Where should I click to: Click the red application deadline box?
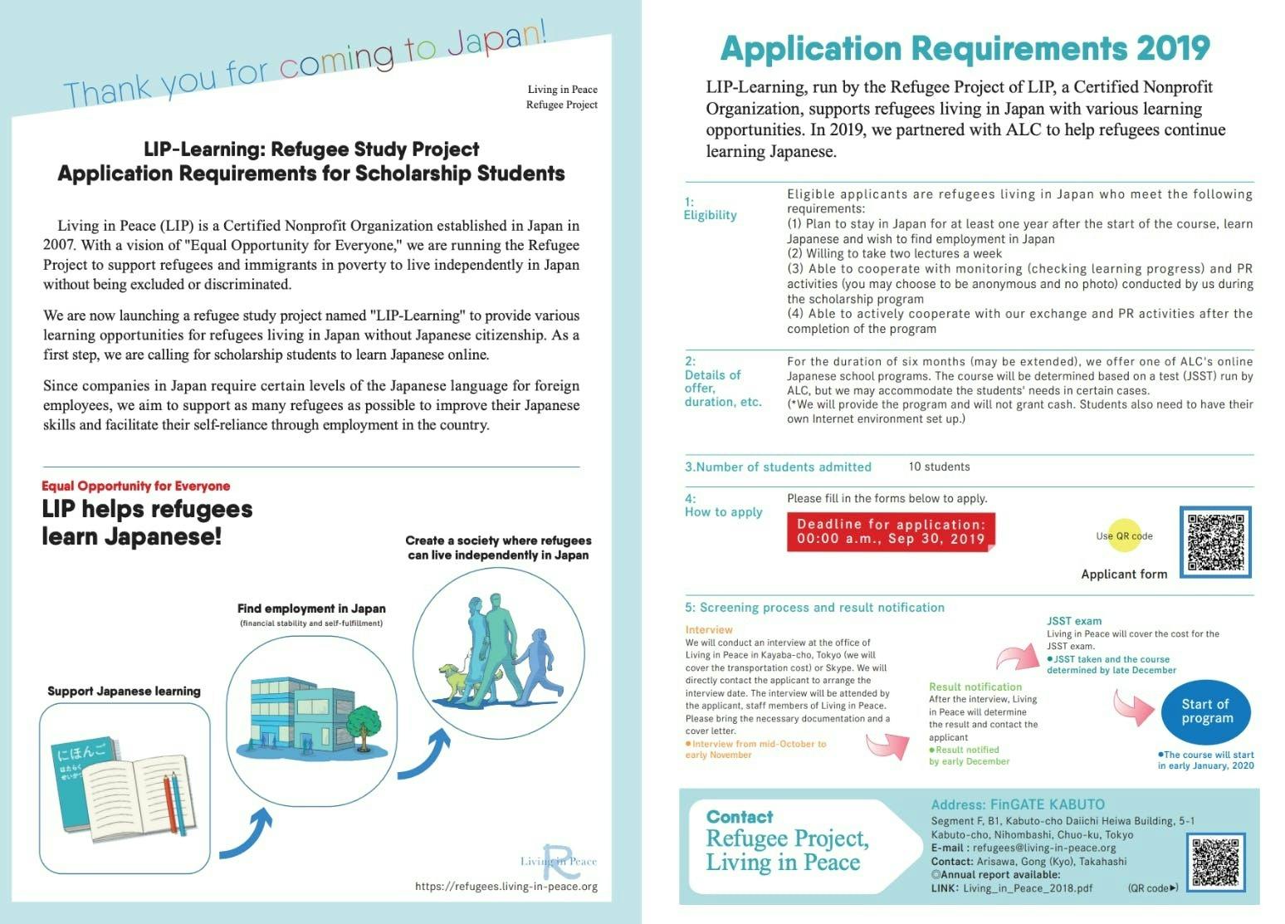click(890, 531)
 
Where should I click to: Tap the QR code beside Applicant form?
click(1216, 542)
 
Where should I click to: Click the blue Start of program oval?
click(1206, 711)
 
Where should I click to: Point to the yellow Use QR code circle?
click(1125, 535)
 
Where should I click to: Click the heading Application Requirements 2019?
click(965, 48)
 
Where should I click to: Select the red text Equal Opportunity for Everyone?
click(135, 486)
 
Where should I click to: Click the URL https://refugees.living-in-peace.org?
click(506, 886)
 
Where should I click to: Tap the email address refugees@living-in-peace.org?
click(1044, 848)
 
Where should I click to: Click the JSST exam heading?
click(1074, 620)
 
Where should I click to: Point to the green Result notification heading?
click(975, 687)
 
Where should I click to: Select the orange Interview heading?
click(709, 629)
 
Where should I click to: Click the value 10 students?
click(939, 467)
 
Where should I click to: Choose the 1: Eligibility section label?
click(710, 208)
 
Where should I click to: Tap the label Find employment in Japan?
click(311, 609)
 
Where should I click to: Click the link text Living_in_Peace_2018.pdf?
click(1028, 888)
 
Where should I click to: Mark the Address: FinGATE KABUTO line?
click(1018, 804)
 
